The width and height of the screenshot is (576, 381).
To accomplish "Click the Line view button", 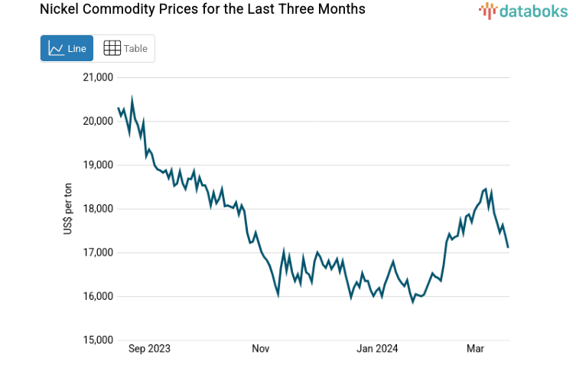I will pos(67,48).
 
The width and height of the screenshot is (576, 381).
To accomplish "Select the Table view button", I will pos(125,48).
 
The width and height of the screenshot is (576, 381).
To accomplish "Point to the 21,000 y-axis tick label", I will pos(97,77).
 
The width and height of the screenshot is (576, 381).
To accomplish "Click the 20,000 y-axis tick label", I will pos(97,121).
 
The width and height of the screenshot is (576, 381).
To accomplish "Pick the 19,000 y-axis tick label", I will pos(97,164).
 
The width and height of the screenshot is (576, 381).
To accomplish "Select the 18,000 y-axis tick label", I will pos(97,209).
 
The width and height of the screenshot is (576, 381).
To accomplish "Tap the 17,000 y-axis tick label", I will pos(97,252).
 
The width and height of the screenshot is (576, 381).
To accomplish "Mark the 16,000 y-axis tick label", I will pos(97,297).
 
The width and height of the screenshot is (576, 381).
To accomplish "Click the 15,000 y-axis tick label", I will pos(97,340).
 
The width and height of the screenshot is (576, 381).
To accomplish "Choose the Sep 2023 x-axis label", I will pos(149,349).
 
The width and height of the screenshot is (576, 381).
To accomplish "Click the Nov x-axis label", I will pos(260,349).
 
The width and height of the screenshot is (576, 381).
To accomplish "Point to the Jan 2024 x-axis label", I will pos(377,349).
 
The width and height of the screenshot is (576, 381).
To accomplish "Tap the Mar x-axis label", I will pos(476,349).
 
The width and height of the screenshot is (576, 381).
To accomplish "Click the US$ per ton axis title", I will pos(68,209).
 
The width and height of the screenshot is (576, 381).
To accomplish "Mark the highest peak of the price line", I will pos(132,99).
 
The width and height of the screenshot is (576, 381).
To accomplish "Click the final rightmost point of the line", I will pos(508,246).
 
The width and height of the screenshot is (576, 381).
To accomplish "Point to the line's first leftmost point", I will pos(119,109).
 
